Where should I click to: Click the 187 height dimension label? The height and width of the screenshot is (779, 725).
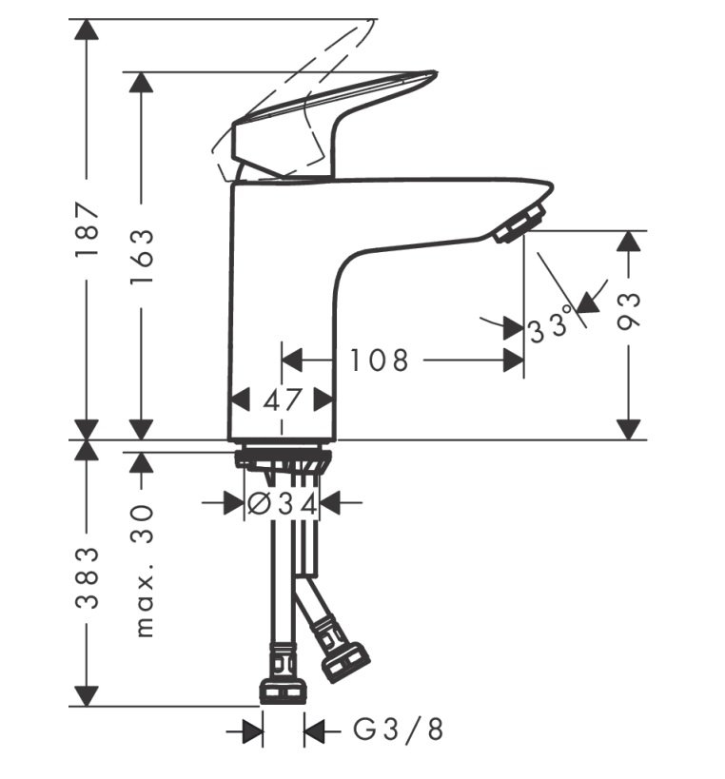[87, 229]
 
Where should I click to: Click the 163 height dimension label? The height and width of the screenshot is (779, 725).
[142, 257]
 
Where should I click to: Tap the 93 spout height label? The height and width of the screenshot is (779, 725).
[629, 311]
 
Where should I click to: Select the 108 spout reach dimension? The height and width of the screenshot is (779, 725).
[379, 360]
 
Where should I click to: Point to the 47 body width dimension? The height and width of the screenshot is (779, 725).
[283, 399]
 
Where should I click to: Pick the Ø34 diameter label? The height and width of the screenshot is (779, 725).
[282, 505]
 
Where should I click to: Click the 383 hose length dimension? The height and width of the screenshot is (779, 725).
[87, 577]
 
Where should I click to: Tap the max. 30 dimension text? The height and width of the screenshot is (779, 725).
[144, 571]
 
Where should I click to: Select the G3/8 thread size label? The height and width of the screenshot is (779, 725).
[398, 730]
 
